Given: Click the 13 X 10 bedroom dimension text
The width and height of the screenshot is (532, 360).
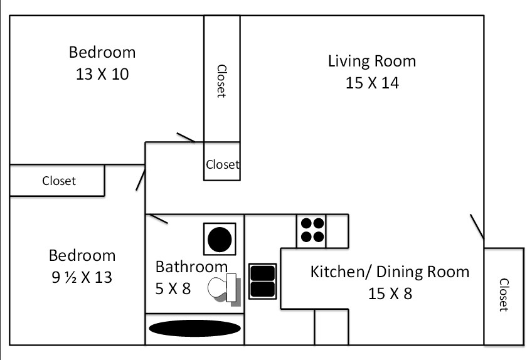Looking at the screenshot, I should tap(102, 75).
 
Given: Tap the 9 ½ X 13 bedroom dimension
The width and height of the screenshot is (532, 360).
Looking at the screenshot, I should tap(82, 277).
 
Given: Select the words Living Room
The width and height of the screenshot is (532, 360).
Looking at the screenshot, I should tap(371, 61).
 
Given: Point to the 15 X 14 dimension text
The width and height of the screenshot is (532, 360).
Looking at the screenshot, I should tap(371, 83).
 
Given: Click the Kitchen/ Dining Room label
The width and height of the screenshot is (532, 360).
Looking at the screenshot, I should tap(390, 272).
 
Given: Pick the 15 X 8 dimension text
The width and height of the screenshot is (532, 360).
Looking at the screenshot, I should tap(390, 293).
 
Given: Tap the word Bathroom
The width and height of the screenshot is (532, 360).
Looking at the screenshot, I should tap(191, 267).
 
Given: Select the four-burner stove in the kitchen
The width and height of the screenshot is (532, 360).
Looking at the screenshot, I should tap(313, 230).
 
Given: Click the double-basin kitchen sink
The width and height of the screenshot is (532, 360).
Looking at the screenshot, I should tap(263, 281).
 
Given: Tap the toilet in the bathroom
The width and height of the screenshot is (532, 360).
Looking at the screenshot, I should tap(225, 289).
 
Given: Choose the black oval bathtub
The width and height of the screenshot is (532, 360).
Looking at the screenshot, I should tap(194, 329).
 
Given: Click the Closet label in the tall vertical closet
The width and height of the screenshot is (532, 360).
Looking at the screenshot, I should tap(221, 81).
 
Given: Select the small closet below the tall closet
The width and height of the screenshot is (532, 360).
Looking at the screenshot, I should tap(222, 164).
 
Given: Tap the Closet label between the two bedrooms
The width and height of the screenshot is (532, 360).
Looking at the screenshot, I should tap(58, 181).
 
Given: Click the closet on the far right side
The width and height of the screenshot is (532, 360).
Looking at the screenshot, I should tap(503, 295).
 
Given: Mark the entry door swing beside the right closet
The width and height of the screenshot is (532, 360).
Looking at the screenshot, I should tap(476, 226).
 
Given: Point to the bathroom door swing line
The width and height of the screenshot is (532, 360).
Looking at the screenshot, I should tap(158, 219).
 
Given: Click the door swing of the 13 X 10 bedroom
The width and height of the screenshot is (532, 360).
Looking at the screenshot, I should tap(186, 137).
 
